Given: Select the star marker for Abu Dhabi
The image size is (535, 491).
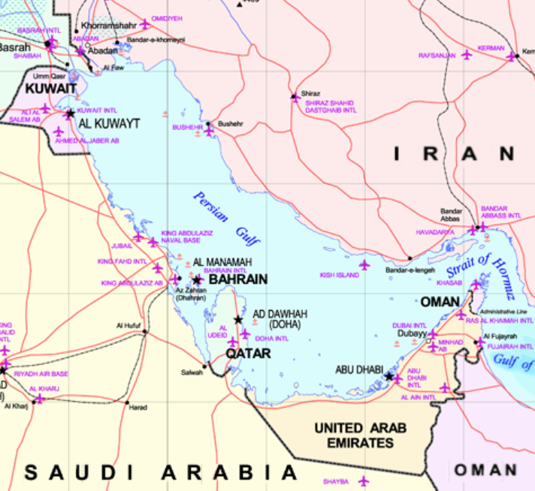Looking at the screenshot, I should pyautogui.click(x=388, y=376).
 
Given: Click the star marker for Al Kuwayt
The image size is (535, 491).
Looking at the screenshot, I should pyautogui.click(x=70, y=113).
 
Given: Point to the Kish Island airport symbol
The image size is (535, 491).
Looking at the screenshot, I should pyautogui.click(x=365, y=265).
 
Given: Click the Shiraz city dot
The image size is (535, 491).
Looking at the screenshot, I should pyautogui.click(x=295, y=97).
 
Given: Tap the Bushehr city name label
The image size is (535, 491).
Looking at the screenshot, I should pyautogui.click(x=231, y=123).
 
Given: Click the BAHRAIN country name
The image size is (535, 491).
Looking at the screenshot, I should pyautogui.click(x=237, y=279).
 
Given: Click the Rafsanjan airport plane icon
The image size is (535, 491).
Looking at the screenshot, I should pyautogui.click(x=467, y=55).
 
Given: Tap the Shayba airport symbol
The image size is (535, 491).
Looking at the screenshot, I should pyautogui.click(x=364, y=480).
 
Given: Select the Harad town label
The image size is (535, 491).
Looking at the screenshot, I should pyautogui.click(x=138, y=408).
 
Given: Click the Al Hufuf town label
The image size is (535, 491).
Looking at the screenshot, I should pyautogui.click(x=128, y=325).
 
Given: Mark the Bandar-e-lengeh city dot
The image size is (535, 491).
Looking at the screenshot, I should pyautogui.click(x=410, y=259).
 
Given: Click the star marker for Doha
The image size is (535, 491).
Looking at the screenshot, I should pyautogui.click(x=238, y=320).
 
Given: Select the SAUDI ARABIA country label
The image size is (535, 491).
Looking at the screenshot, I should pyautogui.click(x=161, y=472).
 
